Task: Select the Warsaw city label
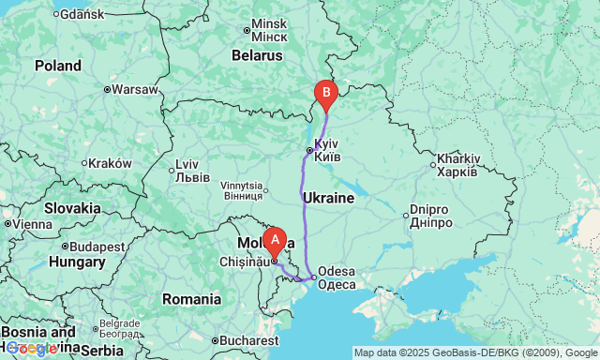[136, 90]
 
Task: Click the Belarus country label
[257, 55]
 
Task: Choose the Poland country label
[58, 66]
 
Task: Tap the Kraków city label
[111, 162]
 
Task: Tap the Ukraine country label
[328, 199]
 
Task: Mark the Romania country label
[191, 299]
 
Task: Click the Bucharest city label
[245, 340]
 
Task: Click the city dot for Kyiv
[309, 150]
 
